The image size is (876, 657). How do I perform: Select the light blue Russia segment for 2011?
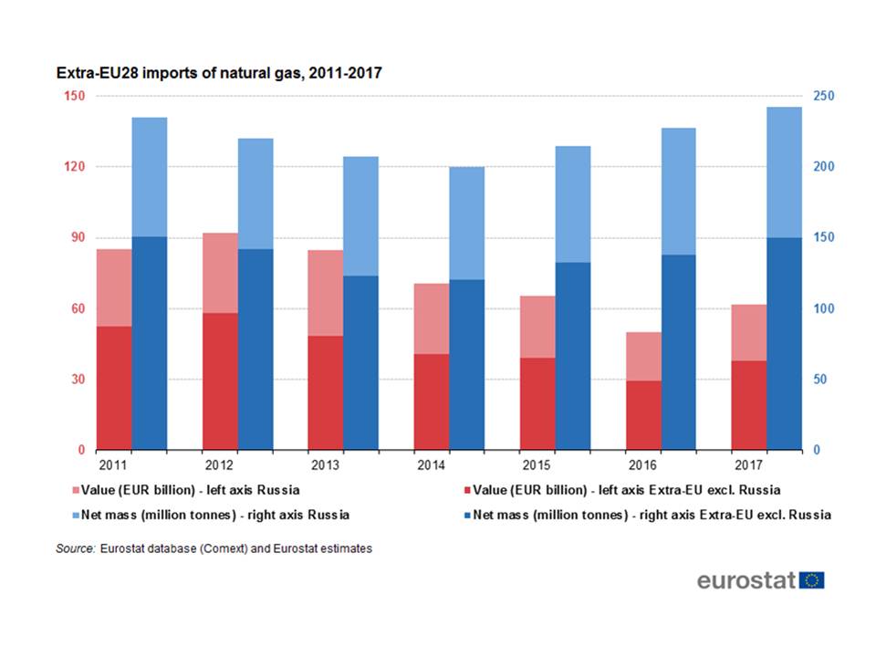coord(150,177)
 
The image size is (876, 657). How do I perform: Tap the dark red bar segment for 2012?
coord(220,381)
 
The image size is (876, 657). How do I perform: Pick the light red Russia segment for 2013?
coord(325,293)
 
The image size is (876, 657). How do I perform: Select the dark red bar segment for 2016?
coord(643,415)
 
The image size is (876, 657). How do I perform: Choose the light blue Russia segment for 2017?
coord(784,172)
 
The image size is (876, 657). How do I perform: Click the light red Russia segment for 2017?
coord(749,332)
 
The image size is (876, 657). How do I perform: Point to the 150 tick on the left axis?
coord(75,97)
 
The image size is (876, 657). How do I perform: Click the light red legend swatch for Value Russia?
coord(60,491)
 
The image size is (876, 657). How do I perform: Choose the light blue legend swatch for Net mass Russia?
coord(60,515)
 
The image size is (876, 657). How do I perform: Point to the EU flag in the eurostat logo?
coord(811,580)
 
